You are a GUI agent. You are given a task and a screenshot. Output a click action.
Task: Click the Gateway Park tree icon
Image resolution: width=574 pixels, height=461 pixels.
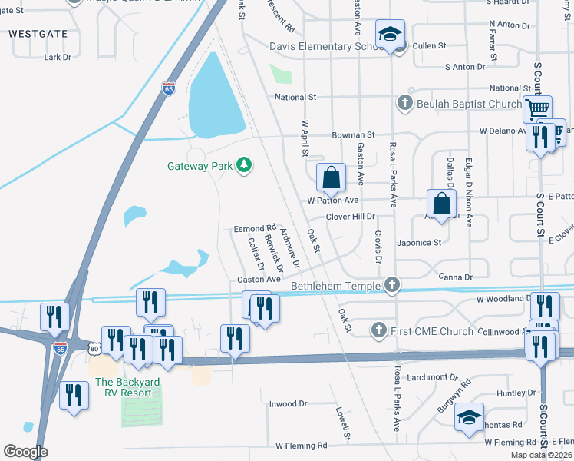click(x=244, y=165)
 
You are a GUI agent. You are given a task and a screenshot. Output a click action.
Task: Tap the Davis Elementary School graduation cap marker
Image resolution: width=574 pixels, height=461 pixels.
click(x=390, y=35)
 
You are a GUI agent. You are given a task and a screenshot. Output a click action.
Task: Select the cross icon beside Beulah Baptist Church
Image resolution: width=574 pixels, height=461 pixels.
click(x=404, y=103)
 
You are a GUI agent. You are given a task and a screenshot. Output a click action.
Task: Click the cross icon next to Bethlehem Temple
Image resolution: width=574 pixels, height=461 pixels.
click(x=392, y=286)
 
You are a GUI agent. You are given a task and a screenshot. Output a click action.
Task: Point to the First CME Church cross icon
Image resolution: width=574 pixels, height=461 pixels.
click(x=378, y=331)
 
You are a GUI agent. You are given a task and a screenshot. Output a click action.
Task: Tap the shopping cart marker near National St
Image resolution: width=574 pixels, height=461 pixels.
click(x=538, y=108)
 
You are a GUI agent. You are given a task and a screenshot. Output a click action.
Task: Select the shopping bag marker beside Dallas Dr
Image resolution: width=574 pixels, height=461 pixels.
click(x=442, y=204)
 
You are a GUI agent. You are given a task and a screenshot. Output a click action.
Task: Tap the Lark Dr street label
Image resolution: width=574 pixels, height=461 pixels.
click(x=58, y=57)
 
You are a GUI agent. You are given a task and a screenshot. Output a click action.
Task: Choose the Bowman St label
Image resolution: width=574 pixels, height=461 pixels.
click(x=353, y=134)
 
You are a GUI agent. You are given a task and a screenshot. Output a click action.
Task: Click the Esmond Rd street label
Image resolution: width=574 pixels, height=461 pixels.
click(x=255, y=229)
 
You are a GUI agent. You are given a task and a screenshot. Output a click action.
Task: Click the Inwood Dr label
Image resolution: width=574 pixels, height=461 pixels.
click(x=288, y=403)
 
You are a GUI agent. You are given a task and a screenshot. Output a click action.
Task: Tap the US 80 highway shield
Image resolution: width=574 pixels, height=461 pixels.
click(x=94, y=349)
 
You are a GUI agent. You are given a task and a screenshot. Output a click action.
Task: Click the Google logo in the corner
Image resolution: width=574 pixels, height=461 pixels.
click(x=25, y=452)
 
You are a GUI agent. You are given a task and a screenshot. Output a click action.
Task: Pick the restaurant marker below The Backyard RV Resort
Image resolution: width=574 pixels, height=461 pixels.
click(x=74, y=396)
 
